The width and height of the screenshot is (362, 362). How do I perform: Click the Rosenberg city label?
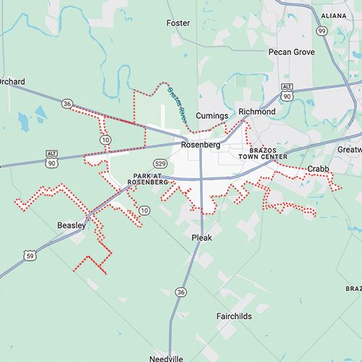pyautogui.click(x=201, y=145)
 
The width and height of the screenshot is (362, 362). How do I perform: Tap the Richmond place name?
pyautogui.click(x=257, y=113)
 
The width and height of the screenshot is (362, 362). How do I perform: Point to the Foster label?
pyautogui.click(x=178, y=23)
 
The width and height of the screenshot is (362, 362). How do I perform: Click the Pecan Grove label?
pyautogui.click(x=291, y=52)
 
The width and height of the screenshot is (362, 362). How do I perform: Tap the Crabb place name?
pyautogui.click(x=318, y=169)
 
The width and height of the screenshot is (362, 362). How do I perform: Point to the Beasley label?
pyautogui.click(x=72, y=226)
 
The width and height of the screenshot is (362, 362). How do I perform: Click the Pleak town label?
pyautogui.click(x=201, y=237)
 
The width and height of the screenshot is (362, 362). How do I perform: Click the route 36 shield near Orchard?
pyautogui.click(x=67, y=104)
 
